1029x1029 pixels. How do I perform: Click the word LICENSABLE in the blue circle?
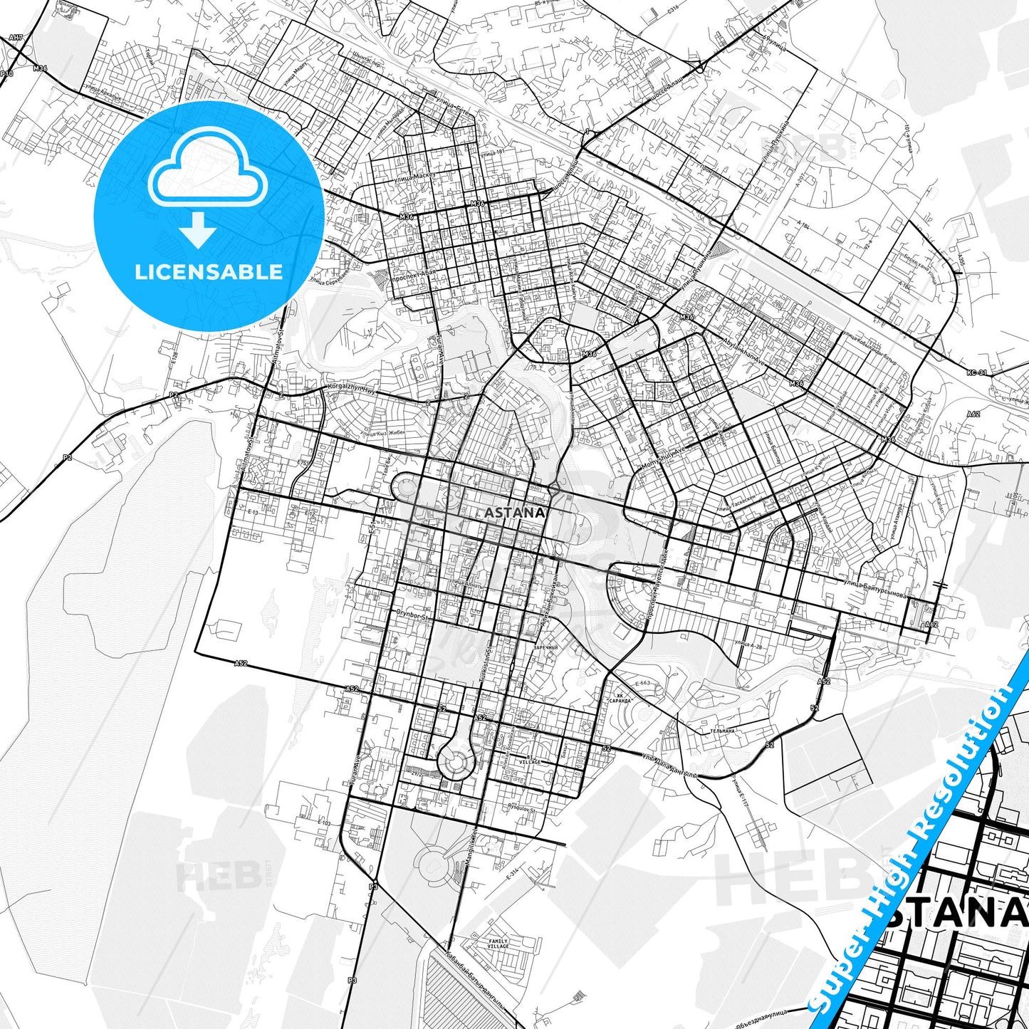(x=209, y=272)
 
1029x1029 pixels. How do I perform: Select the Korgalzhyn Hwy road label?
(x=352, y=388)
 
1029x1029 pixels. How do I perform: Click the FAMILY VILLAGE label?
(x=498, y=944)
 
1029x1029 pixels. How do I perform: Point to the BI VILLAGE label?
(x=529, y=760)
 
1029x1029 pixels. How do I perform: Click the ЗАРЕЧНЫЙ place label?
(x=545, y=647)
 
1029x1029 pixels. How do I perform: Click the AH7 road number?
(x=16, y=37)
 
